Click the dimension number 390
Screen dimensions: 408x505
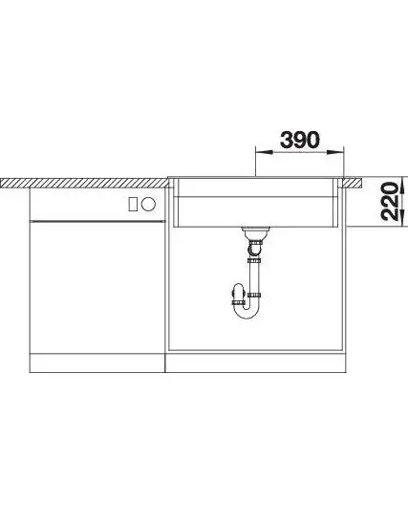(300, 140)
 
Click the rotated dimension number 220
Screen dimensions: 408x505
(389, 201)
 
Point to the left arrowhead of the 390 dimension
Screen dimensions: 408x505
(264, 153)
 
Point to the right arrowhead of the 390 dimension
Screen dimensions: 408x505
(335, 153)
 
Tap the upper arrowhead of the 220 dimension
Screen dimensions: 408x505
(402, 185)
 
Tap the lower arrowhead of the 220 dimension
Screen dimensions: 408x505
(402, 218)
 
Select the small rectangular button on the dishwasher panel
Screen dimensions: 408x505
(133, 204)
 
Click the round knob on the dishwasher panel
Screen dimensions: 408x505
(149, 204)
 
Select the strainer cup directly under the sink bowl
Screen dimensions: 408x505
(255, 232)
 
